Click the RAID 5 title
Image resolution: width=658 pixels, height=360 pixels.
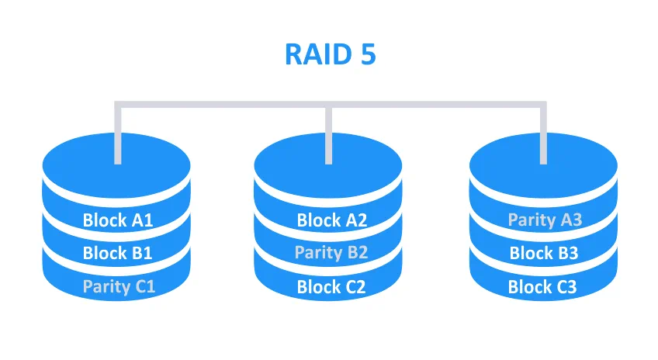(x=331, y=54)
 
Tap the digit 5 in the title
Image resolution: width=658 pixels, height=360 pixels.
(x=368, y=54)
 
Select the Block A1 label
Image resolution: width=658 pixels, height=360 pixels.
(x=118, y=220)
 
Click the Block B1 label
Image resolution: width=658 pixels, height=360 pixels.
(x=117, y=253)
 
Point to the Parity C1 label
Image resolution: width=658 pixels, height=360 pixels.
(x=119, y=287)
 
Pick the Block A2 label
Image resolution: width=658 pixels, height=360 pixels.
(x=332, y=220)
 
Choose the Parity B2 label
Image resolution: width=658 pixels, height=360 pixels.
(x=331, y=253)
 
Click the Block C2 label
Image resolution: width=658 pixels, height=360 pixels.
(x=331, y=287)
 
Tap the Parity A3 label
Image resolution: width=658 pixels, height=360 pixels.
(x=545, y=220)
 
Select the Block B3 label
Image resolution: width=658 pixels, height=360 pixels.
(x=544, y=253)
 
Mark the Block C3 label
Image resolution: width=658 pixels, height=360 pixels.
(x=542, y=287)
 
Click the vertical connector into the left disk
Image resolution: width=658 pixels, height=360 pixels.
(x=118, y=133)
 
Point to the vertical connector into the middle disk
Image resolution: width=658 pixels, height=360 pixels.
(x=328, y=133)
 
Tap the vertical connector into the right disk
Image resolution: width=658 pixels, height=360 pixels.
(x=543, y=133)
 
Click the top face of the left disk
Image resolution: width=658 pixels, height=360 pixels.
(x=84, y=168)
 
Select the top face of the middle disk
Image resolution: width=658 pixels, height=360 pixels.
(x=294, y=168)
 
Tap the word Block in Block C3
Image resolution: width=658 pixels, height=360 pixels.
(x=527, y=287)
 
